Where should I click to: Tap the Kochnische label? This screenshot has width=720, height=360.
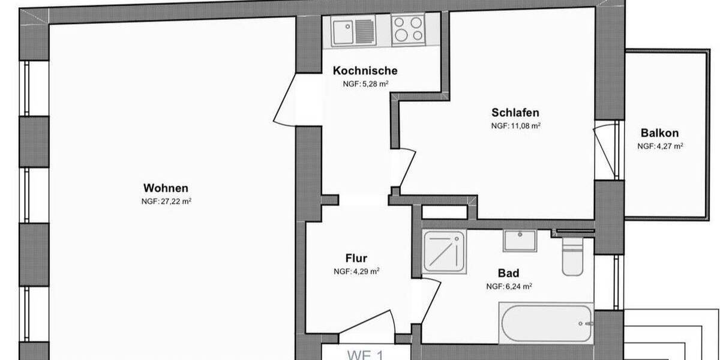pos(365,71)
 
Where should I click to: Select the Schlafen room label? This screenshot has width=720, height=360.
pos(515,112)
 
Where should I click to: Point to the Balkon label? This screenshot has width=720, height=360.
pos(659,133)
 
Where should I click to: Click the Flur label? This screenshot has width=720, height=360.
pos(356,259)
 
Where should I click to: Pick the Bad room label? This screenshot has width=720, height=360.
pos(508,274)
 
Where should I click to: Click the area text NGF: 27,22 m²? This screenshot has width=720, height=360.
pos(166,202)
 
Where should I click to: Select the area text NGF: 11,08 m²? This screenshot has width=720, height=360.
pos(516,126)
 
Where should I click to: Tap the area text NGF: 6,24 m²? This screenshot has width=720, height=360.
pos(509,287)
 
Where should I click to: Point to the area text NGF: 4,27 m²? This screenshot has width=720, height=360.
pos(660,146)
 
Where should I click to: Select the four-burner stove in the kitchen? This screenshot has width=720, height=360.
pos(409,30)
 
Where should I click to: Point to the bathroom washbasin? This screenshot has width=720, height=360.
pos(519,241)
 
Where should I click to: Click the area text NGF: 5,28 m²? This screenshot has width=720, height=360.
pos(365,84)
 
